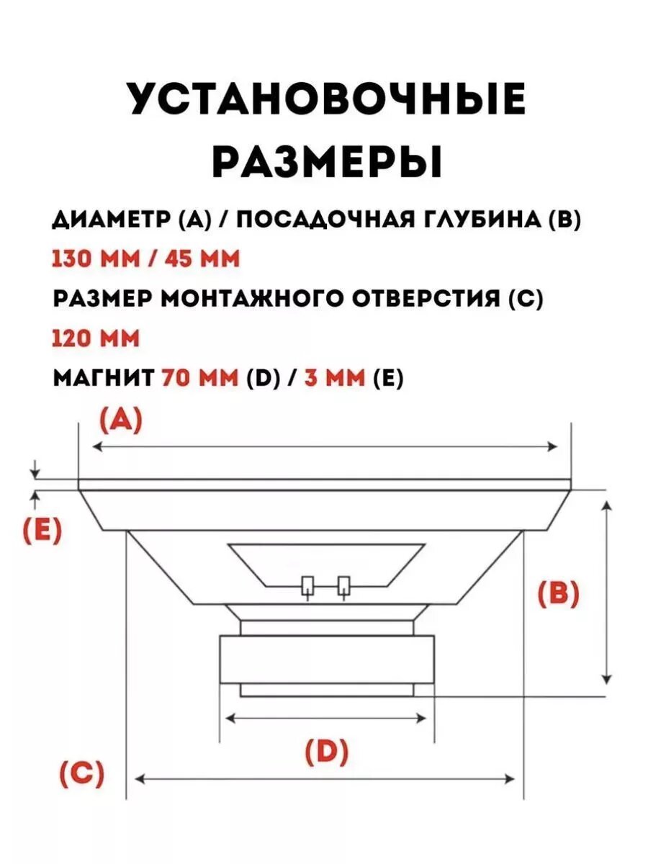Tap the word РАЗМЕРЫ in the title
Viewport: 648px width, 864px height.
(326, 161)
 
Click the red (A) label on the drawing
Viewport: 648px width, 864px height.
(120, 420)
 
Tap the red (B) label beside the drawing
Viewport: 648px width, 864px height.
(559, 595)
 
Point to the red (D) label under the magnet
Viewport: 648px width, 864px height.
(326, 752)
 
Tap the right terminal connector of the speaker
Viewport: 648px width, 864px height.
(344, 587)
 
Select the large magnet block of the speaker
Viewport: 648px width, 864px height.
(326, 660)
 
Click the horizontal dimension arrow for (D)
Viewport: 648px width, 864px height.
(326, 718)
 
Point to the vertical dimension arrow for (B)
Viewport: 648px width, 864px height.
(607, 592)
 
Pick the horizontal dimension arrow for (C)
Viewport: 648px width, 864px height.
(325, 779)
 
